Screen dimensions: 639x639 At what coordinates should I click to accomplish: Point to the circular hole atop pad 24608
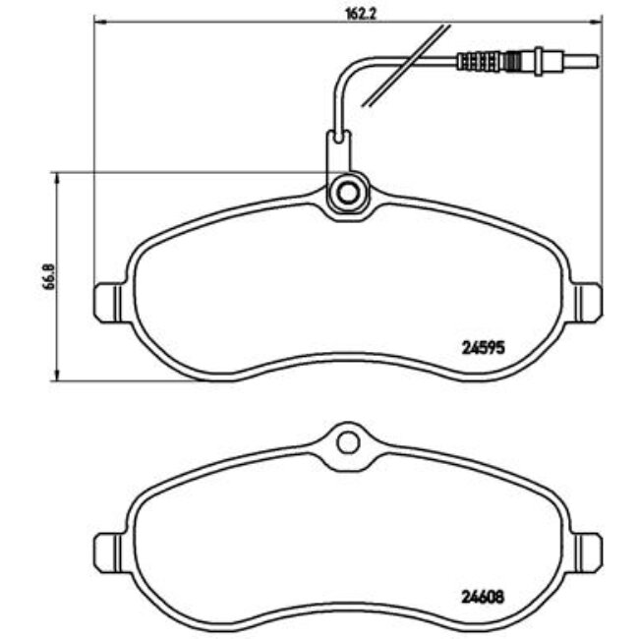click(x=347, y=442)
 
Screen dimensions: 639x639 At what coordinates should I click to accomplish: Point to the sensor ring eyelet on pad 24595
click(x=346, y=193)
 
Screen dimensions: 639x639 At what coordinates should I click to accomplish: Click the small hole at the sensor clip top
click(x=340, y=137)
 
